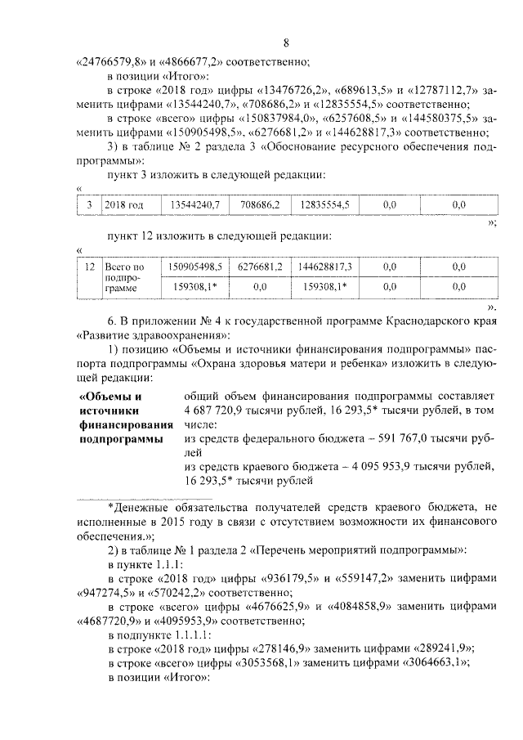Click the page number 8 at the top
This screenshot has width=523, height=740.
tap(286, 43)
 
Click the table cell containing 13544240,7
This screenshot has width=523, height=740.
tap(194, 204)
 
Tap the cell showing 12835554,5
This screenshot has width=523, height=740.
tap(324, 204)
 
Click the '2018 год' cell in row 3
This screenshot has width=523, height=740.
tap(124, 204)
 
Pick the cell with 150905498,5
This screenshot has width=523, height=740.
tap(194, 267)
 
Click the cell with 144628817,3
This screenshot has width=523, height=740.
tap(324, 267)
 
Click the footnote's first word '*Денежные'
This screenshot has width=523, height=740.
tap(135, 506)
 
